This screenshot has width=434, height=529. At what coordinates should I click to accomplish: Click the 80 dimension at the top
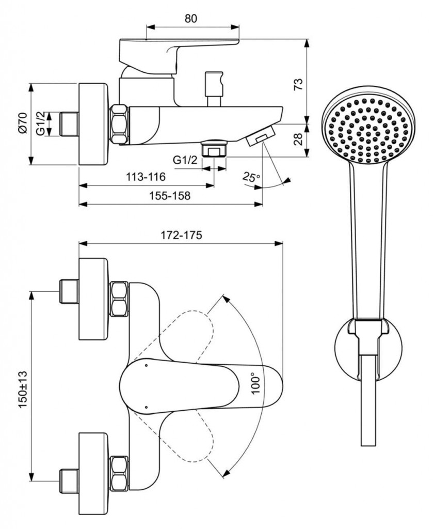pos(190,19)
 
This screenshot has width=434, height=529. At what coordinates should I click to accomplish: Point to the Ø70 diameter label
pos(21,123)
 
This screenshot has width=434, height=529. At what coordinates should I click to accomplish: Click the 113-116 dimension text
pos(146,177)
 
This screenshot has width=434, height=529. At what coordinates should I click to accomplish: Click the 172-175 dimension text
pos(181,235)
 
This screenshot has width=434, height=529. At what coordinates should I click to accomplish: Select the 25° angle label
pos(252,178)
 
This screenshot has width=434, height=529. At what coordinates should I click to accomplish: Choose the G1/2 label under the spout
pos(185,161)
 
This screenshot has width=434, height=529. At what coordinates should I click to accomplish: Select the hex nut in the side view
pos(120,124)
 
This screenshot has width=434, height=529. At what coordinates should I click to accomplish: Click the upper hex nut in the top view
pos(119,299)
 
